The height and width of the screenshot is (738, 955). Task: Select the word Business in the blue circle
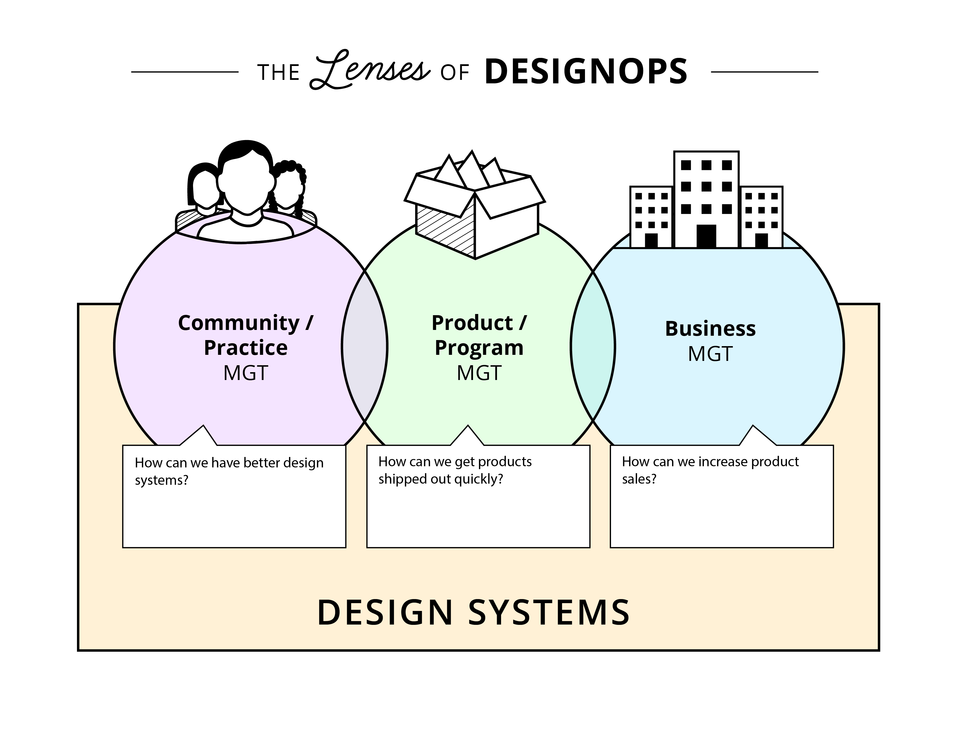click(x=710, y=328)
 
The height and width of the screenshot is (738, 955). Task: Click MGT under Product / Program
click(x=479, y=373)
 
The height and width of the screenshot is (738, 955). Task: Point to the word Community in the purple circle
click(x=239, y=323)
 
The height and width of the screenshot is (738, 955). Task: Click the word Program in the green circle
click(x=479, y=348)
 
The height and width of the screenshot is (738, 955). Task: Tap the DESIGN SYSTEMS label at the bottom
click(x=473, y=612)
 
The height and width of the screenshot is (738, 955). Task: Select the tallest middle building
click(x=706, y=199)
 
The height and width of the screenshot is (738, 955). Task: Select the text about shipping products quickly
click(x=455, y=470)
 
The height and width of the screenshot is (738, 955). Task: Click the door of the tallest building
click(x=706, y=236)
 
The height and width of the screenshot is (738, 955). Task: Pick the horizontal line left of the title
click(x=185, y=72)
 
